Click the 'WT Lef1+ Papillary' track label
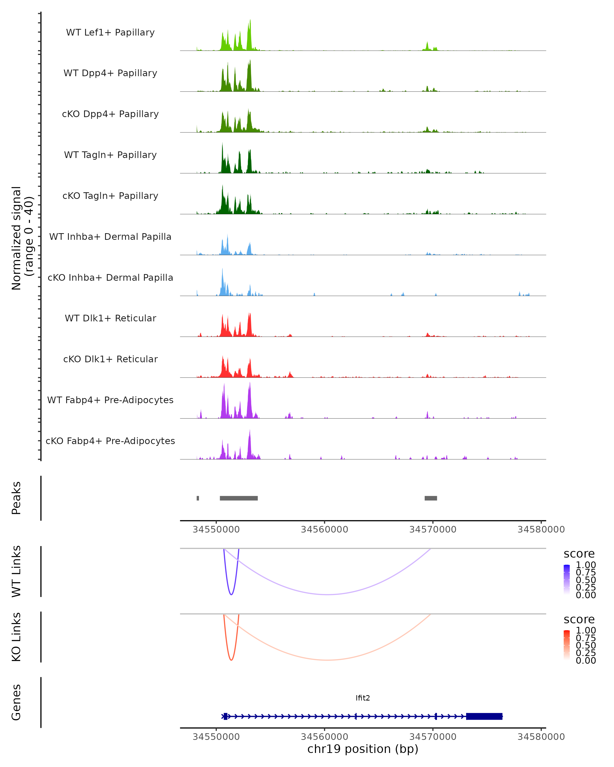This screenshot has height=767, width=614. pos(110,32)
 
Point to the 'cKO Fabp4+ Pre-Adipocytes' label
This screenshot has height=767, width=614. pos(110,441)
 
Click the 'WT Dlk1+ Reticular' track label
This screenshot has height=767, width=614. pos(110,318)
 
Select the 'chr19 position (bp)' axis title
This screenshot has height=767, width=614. pos(362,749)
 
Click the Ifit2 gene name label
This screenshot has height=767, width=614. pos(362,698)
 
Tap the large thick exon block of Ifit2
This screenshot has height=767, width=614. pos(484,716)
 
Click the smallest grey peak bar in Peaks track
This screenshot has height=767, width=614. pos(198,498)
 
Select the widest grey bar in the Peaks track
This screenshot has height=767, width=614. pos(238,498)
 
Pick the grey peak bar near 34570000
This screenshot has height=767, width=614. pos(431,498)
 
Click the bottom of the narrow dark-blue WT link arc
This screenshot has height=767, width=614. pos(231,594)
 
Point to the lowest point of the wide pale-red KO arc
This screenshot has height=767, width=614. pos(327,660)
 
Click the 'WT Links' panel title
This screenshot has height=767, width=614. pos(16,571)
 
